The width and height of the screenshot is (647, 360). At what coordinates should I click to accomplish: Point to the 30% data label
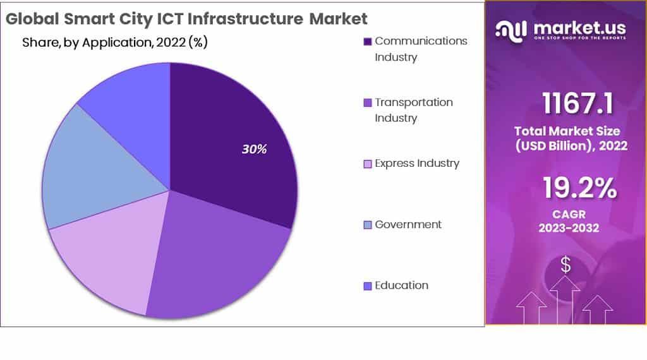click(254, 150)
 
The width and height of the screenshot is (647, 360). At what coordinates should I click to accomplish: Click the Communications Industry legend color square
click(367, 42)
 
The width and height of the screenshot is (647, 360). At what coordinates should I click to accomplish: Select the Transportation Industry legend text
click(413, 110)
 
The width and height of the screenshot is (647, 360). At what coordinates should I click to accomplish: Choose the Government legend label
click(408, 224)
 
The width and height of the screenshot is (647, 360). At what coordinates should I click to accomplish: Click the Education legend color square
click(367, 286)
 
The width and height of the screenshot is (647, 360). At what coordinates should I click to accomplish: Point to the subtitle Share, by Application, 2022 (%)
click(115, 43)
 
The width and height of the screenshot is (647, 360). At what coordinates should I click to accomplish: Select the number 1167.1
click(577, 103)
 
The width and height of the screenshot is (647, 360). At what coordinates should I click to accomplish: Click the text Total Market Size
click(567, 131)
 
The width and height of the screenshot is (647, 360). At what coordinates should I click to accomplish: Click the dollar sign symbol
click(565, 265)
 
